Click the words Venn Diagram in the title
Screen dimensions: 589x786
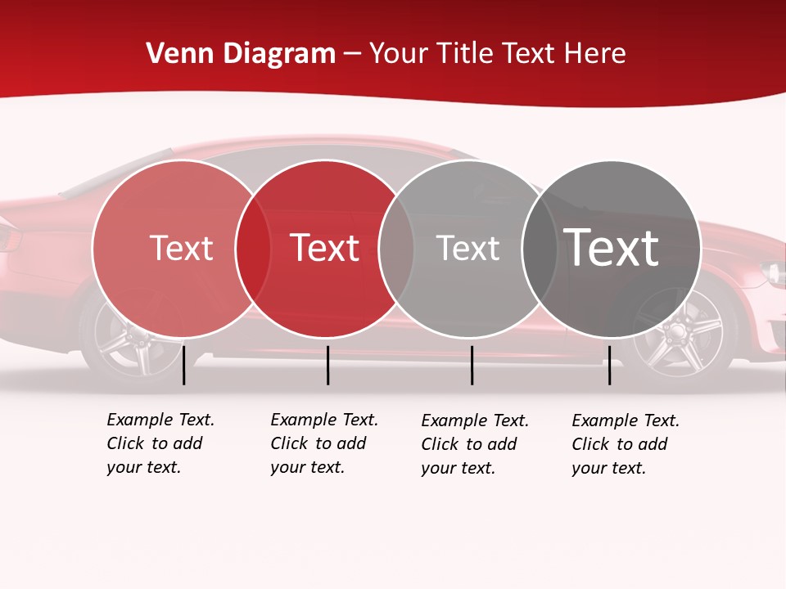[241, 54]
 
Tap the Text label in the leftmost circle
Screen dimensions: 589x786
[181, 248]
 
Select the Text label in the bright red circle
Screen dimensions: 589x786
[325, 248]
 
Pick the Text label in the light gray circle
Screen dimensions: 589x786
[468, 248]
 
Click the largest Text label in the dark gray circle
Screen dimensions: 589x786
[612, 248]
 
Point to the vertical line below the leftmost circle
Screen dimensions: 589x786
[184, 365]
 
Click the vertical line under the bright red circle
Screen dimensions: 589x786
[327, 365]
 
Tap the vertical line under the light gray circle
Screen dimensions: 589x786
[472, 365]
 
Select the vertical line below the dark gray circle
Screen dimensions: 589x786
[609, 365]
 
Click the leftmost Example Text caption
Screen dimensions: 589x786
[160, 443]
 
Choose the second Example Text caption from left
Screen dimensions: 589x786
[324, 443]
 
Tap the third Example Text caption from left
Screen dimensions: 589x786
[475, 444]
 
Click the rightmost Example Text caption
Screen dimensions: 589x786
[626, 444]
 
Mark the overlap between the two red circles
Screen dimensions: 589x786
[253, 249]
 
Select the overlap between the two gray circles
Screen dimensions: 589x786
[540, 249]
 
